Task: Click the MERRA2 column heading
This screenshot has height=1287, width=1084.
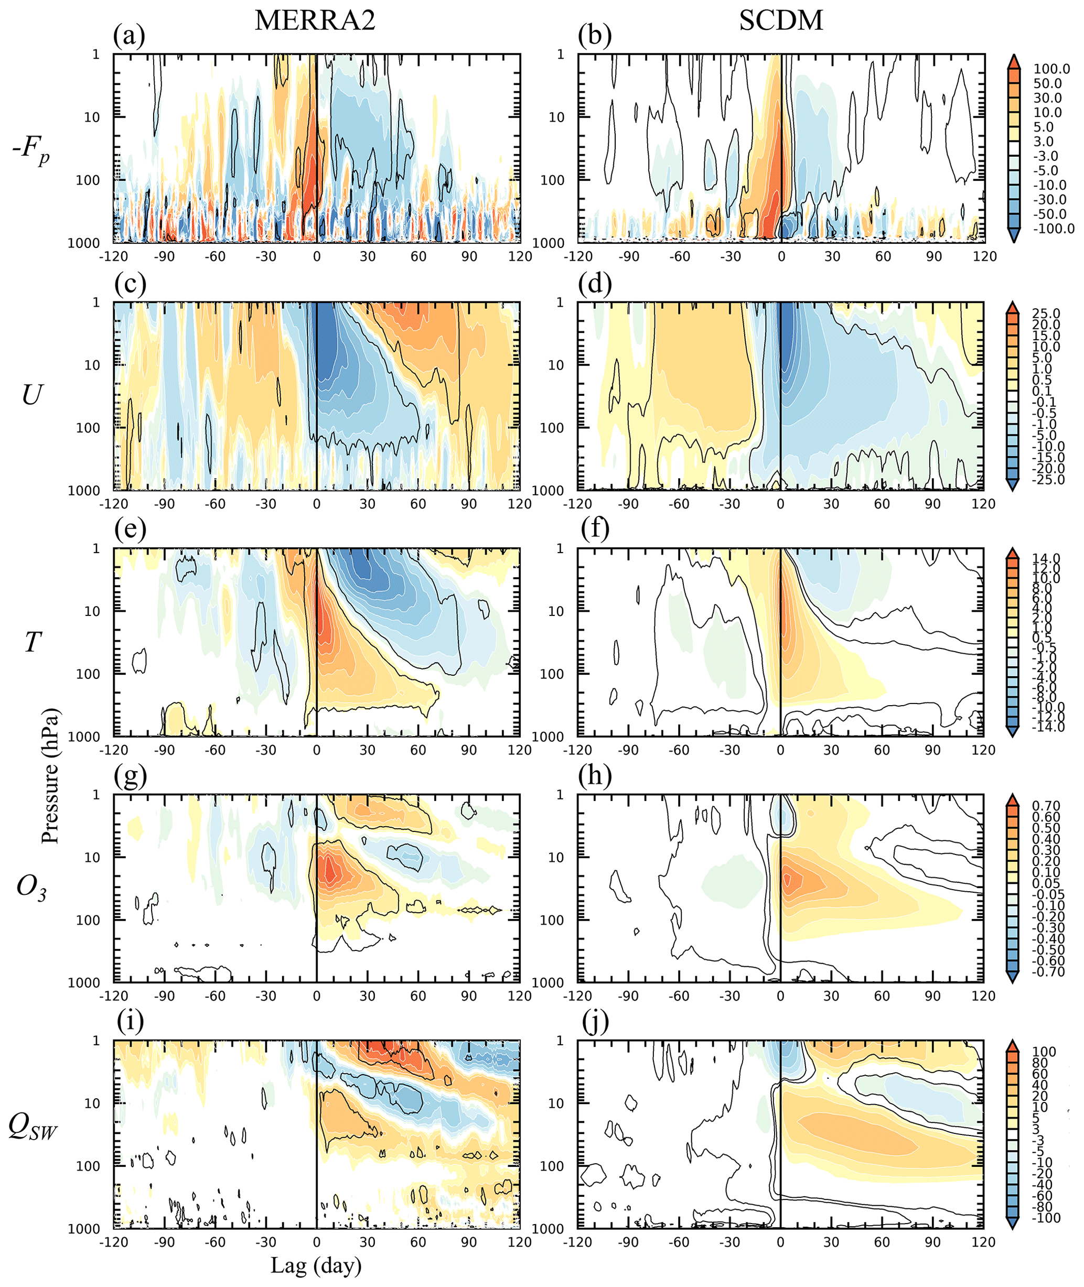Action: (315, 20)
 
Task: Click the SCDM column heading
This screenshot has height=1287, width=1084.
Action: (780, 20)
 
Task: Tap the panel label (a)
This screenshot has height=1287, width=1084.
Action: (129, 36)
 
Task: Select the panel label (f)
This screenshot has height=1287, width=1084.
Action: (594, 529)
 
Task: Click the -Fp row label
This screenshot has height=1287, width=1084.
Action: (31, 149)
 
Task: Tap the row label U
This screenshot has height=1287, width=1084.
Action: (31, 395)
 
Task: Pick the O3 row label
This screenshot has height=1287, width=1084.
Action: (31, 886)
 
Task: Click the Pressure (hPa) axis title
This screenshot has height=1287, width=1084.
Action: (50, 776)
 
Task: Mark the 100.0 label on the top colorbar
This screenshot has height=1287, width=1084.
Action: (1051, 69)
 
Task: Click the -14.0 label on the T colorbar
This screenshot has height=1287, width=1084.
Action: (1048, 727)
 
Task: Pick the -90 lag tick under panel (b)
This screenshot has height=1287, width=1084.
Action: (629, 257)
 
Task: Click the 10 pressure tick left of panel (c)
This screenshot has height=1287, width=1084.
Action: (92, 365)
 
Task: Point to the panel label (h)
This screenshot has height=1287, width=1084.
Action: (594, 776)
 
